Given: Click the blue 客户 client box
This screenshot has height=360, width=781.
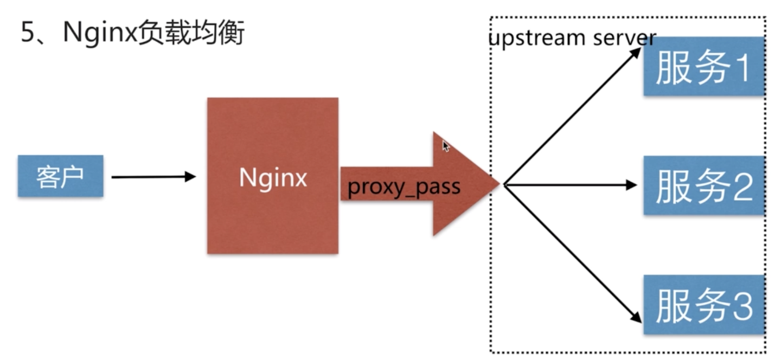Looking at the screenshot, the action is [x=61, y=176].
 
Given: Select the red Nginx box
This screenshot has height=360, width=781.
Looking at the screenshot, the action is [x=273, y=176].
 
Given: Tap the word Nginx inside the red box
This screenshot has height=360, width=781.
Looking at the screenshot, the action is [x=273, y=178].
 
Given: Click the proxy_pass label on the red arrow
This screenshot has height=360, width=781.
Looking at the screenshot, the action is [x=404, y=188].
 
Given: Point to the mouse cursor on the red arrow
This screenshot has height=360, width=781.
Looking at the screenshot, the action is [x=446, y=146].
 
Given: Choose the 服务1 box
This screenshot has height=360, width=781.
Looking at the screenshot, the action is [x=703, y=66].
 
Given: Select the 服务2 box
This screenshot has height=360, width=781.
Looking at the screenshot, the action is [x=703, y=185].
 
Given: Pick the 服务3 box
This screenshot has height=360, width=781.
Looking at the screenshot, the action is [x=703, y=305].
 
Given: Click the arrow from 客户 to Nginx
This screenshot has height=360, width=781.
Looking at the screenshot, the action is [x=154, y=177].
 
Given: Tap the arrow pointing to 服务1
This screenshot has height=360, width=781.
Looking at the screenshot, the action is [x=573, y=117].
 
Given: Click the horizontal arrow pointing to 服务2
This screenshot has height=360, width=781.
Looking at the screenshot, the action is [x=571, y=185].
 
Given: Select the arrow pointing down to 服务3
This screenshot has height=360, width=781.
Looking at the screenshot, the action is [x=573, y=254].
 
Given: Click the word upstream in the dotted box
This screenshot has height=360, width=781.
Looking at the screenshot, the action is [x=537, y=38].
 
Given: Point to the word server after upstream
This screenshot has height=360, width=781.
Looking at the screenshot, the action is [x=625, y=38].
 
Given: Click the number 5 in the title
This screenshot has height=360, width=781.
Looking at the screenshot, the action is [x=28, y=32].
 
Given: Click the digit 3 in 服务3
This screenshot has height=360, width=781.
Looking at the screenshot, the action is [x=742, y=306].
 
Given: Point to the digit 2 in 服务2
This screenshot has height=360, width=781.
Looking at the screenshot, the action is [x=742, y=187].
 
